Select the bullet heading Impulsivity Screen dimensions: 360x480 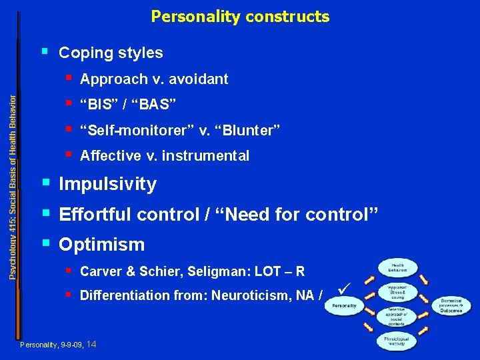pos(107,184)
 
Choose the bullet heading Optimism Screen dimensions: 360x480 pos(101,245)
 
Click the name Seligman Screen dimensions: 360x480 pos(213,271)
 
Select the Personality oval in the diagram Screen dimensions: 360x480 pos(344,306)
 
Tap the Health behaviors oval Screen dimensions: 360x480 pos(398,267)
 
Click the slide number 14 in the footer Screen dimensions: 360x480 pos(91,344)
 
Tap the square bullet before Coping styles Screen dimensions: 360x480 pos(45,50)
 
